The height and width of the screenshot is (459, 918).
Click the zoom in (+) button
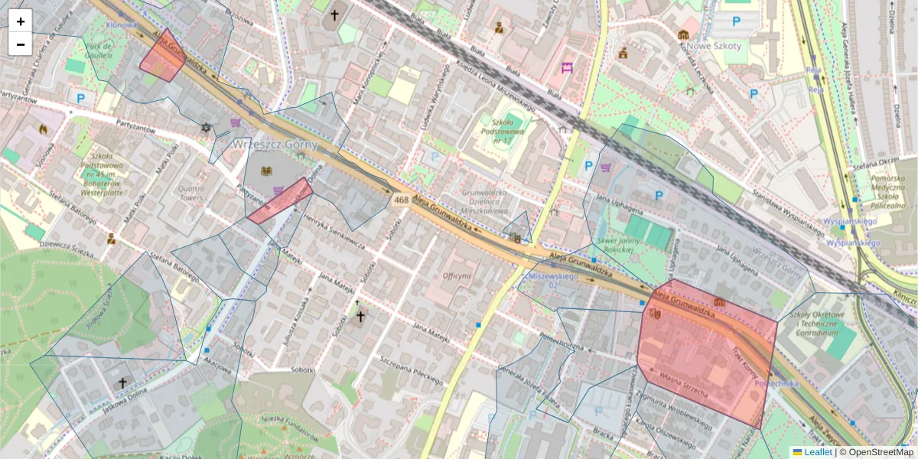pyautogui.click(x=21, y=21)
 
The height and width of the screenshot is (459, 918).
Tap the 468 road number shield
pyautogui.click(x=401, y=200)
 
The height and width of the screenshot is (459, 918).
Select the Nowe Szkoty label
pyautogui.click(x=715, y=46)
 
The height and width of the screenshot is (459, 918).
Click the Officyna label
pyautogui.click(x=457, y=275)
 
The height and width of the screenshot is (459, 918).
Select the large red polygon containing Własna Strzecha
pyautogui.click(x=704, y=356)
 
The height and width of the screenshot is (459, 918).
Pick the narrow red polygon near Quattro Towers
pyautogui.click(x=280, y=200)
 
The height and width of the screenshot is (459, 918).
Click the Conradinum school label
pyautogui.click(x=816, y=324)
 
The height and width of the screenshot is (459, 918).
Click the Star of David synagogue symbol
pyautogui.click(x=205, y=127)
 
